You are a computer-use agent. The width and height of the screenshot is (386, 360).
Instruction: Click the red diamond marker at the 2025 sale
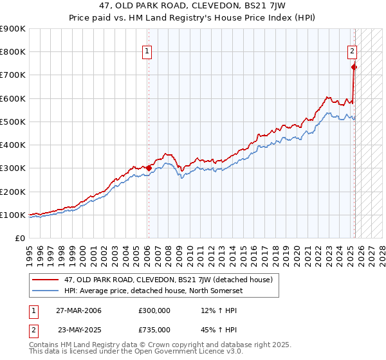click(354, 67)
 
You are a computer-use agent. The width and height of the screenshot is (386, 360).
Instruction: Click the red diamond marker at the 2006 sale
click(149, 168)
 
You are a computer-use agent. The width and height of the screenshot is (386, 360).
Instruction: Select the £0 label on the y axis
click(19, 238)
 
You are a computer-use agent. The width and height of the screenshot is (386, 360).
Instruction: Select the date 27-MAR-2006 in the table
click(78, 310)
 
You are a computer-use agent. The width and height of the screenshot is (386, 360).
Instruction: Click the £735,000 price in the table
click(154, 329)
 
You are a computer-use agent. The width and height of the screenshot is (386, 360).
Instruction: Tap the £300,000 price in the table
click(154, 310)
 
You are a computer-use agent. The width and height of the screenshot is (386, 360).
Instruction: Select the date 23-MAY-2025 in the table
click(79, 329)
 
